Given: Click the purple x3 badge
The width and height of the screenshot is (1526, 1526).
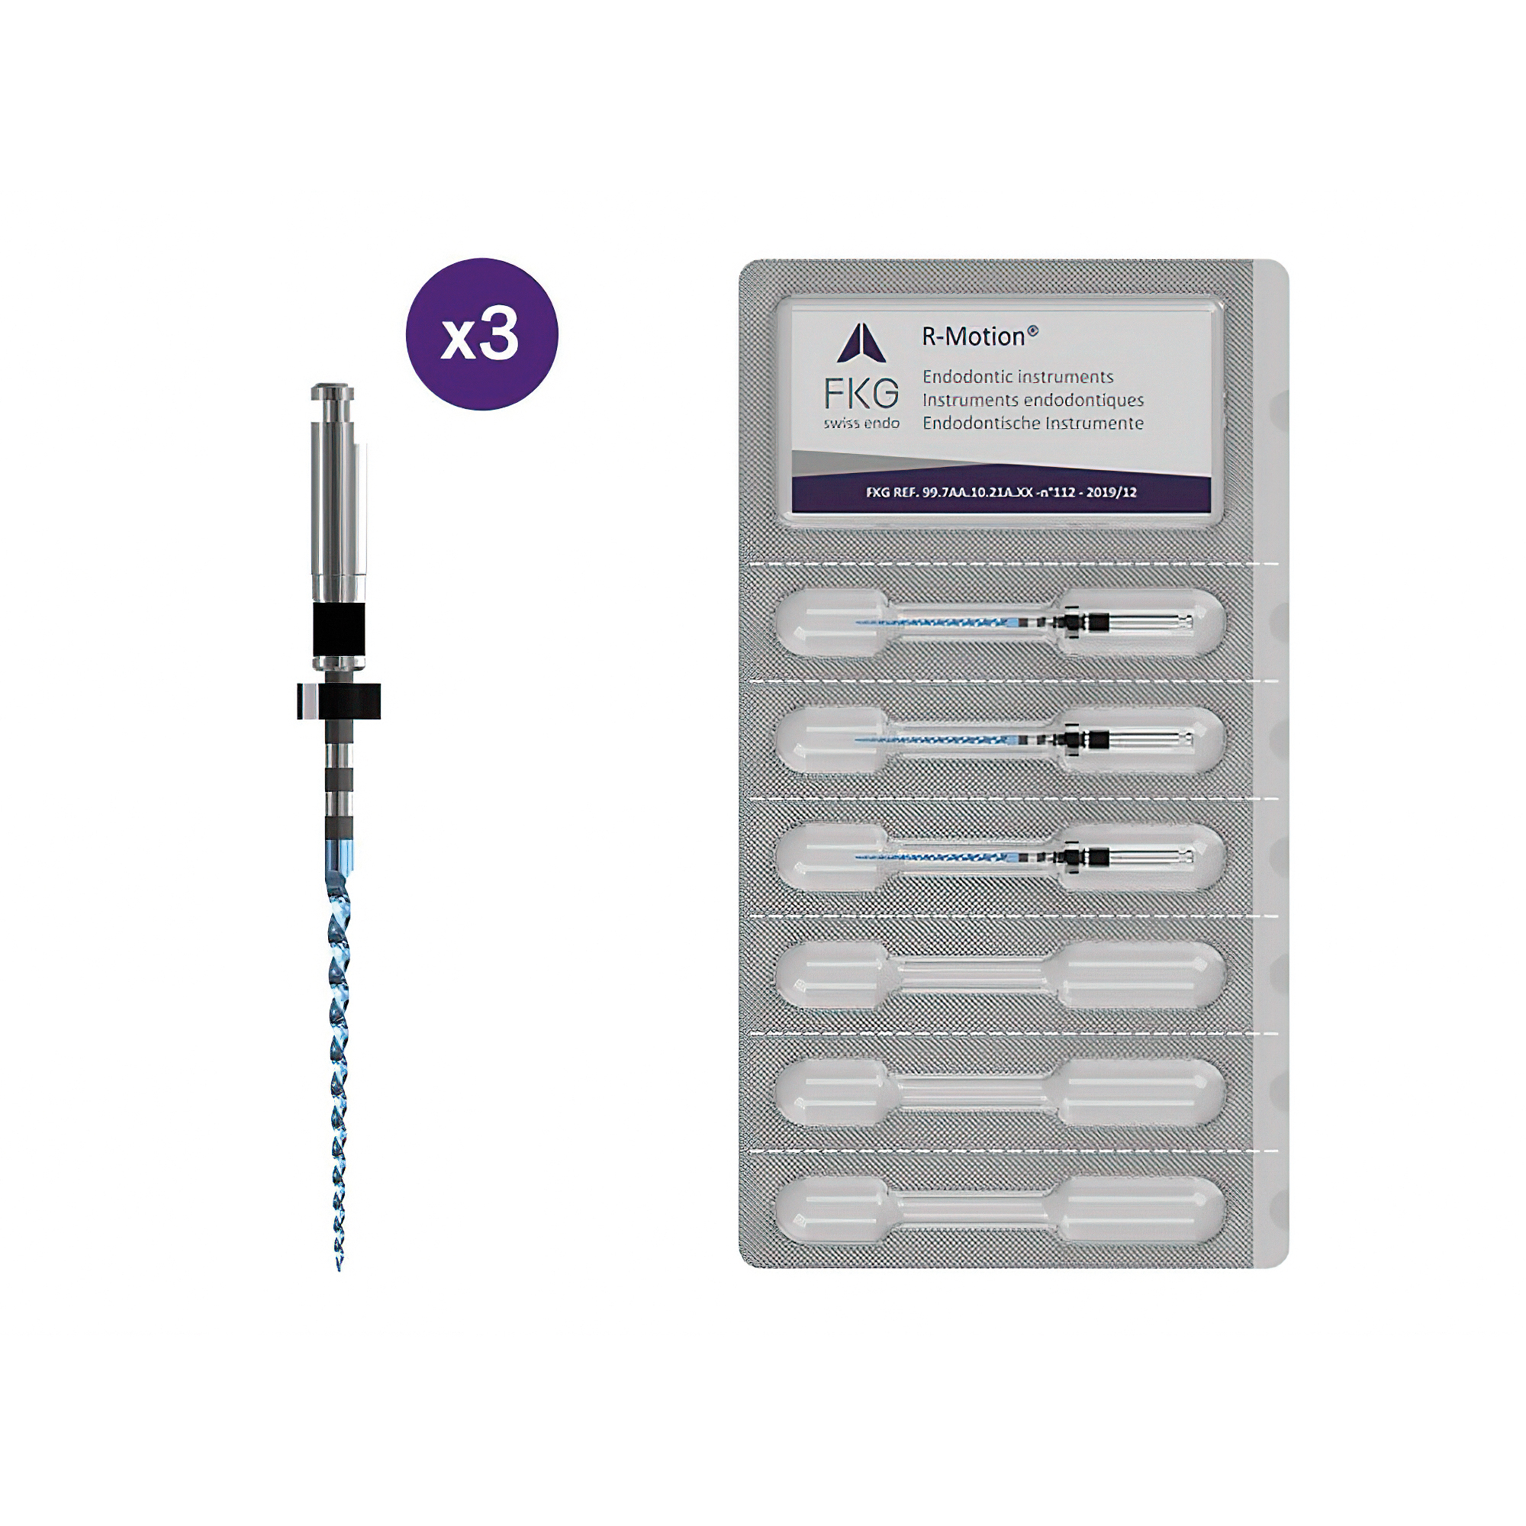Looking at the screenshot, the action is tap(481, 334).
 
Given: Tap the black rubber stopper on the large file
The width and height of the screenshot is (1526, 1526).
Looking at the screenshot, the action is tap(339, 701).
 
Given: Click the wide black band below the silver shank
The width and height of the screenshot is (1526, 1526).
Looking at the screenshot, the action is tap(339, 626).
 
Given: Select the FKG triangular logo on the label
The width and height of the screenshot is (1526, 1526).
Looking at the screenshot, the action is tap(861, 344).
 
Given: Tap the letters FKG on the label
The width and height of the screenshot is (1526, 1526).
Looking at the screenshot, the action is tap(861, 394).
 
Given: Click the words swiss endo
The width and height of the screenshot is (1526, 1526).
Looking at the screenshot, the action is tap(861, 423).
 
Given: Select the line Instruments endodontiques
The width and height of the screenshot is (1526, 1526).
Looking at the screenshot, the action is tap(1033, 400).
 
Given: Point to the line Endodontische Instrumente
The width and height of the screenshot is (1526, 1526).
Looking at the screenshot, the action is tap(1033, 423).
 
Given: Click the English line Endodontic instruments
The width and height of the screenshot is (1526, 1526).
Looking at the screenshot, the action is tap(1018, 377).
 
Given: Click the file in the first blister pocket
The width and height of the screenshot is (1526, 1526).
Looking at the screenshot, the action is tap(1024, 622).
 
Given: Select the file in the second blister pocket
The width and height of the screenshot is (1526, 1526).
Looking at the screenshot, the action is tap(1024, 740).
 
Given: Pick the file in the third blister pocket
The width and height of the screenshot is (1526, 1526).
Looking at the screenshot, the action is tap(1024, 856).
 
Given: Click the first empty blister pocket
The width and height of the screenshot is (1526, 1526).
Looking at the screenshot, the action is tap(1000, 975).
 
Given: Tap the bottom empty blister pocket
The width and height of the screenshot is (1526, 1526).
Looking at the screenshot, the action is tap(1000, 1210).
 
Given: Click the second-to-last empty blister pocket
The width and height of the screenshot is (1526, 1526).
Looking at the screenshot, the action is tap(1000, 1093).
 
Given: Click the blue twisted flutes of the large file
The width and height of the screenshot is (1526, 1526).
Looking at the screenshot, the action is tap(339, 1067).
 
